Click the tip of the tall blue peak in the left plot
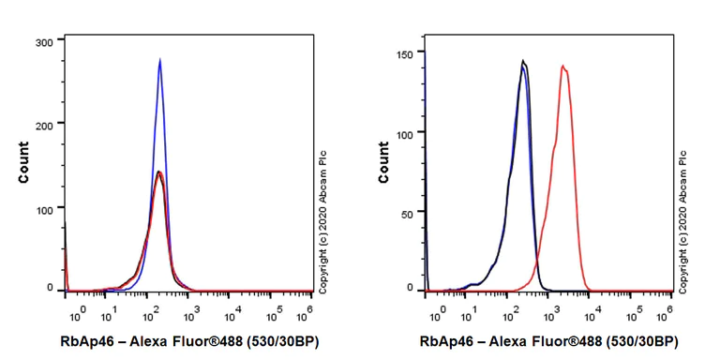click(160, 60)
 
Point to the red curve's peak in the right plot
click(562, 66)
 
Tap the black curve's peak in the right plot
click(523, 62)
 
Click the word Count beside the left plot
click(23, 161)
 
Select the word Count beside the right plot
click(383, 161)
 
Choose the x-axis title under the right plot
click(544, 341)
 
